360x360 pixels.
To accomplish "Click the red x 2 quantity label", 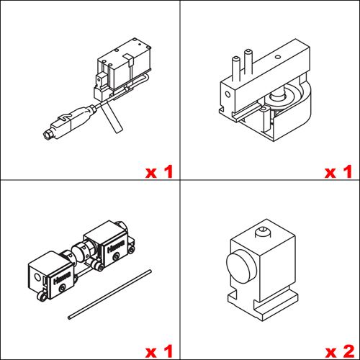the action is pos(340,351).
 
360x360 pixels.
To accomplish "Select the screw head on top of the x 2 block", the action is pos(263,232).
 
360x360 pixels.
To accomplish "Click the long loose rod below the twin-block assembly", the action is pos(109,294).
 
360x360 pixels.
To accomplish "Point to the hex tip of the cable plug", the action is pos(48,134).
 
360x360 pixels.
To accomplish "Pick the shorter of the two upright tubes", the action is pos(236,68).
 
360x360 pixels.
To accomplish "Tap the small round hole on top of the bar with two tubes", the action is pos(278,57).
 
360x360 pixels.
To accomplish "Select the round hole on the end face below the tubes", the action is pos(228,94).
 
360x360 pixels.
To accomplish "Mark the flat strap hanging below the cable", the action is pos(112,117).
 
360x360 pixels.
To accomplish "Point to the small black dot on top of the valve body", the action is pos(140,45).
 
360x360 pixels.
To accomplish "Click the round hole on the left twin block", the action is pos(37,277).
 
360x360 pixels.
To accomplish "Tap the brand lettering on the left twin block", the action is pos(62,278).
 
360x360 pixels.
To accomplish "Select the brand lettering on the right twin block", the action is pos(116,246).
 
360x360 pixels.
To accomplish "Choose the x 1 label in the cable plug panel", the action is pos(159,172).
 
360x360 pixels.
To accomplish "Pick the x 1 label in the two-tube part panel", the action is pos(338,172).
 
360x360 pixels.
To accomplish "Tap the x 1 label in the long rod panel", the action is pos(159,351).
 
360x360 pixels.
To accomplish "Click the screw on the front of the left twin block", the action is pos(63,288).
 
